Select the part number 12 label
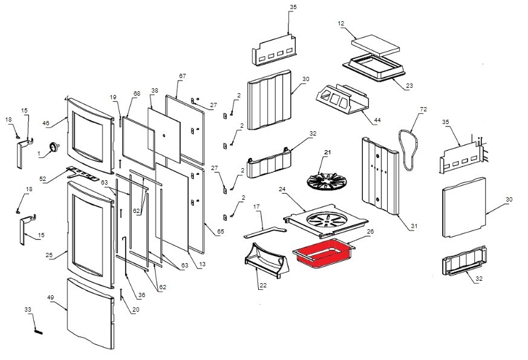341,24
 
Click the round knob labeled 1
56,146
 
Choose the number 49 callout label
50,298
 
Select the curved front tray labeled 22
264,261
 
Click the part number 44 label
377,120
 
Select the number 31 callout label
414,227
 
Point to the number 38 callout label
154,91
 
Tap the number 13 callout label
202,264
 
